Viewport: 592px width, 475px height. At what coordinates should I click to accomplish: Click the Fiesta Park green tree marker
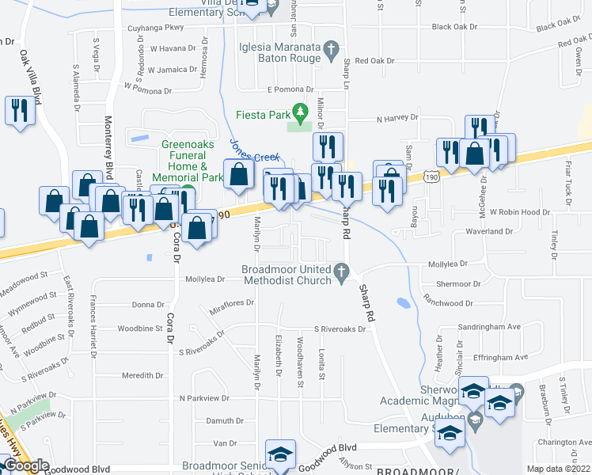300,112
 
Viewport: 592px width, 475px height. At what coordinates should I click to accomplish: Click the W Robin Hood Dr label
518,213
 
